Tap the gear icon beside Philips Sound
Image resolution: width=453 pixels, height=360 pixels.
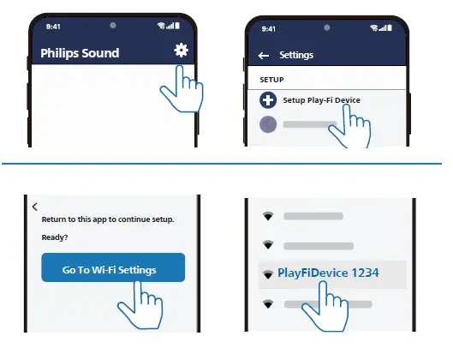point(181,51)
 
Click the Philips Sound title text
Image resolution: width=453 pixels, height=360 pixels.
point(80,53)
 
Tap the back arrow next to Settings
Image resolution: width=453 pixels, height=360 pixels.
point(264,56)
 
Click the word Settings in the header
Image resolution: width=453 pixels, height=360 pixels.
point(296,56)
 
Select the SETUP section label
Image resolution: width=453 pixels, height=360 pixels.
point(271,79)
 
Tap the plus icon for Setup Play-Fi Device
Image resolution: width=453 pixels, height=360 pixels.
point(269,100)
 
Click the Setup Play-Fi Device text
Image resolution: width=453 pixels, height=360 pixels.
point(321,100)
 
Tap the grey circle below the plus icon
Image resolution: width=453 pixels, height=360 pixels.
point(269,124)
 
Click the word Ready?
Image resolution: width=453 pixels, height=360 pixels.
point(54,237)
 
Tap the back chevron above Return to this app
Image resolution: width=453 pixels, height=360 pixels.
point(35,207)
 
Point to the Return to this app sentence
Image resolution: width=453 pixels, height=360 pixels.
point(107,220)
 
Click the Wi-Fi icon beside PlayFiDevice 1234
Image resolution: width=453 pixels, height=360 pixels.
point(268,273)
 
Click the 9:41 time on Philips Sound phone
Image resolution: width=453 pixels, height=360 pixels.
point(53,26)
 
